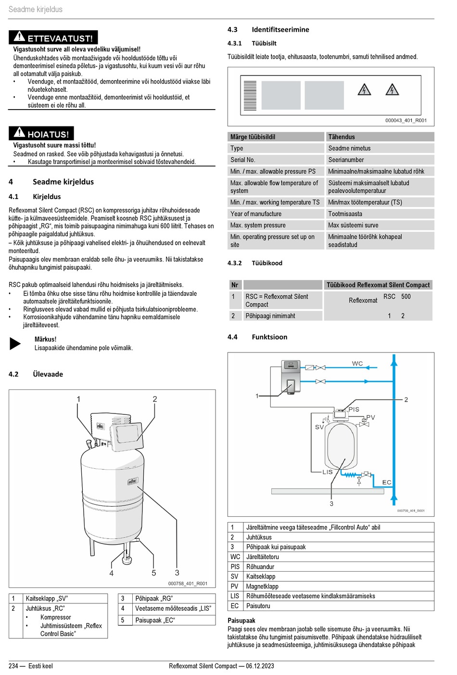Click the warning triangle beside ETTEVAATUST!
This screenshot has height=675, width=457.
pyautogui.click(x=19, y=37)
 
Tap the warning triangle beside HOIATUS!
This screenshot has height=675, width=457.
pyautogui.click(x=19, y=133)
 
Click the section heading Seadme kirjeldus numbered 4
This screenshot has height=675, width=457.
pyautogui.click(x=63, y=182)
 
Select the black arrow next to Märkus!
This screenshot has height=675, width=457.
pyautogui.click(x=15, y=343)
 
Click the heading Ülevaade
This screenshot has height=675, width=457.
pyautogui.click(x=48, y=374)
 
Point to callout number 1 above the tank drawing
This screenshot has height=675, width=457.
pyautogui.click(x=79, y=399)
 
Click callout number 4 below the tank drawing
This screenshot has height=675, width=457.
pyautogui.click(x=112, y=573)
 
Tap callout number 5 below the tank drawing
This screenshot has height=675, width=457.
pyautogui.click(x=154, y=573)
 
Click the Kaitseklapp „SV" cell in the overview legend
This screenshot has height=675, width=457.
pyautogui.click(x=47, y=599)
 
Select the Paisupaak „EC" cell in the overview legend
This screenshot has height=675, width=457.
pyautogui.click(x=155, y=620)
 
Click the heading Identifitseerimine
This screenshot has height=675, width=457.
pyautogui.click(x=280, y=29)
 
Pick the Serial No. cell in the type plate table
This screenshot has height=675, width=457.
pyautogui.click(x=243, y=160)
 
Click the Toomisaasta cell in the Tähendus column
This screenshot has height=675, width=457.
pyautogui.click(x=345, y=214)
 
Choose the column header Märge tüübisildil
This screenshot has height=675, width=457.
pyautogui.click(x=253, y=137)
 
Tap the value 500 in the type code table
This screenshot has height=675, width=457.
pyautogui.click(x=406, y=297)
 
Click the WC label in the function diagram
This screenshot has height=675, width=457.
pyautogui.click(x=357, y=363)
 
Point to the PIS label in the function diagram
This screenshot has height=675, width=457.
pyautogui.click(x=354, y=409)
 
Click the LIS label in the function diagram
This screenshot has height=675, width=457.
pyautogui.click(x=328, y=472)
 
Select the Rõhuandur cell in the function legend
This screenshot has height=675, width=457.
pyautogui.click(x=260, y=567)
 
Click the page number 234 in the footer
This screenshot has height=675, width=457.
pyautogui.click(x=13, y=666)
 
